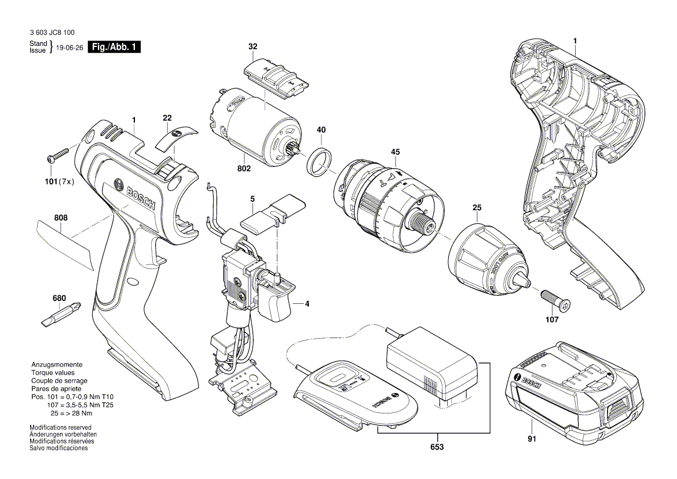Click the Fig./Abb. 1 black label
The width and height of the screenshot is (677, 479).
click(114, 48)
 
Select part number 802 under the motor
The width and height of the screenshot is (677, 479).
click(244, 169)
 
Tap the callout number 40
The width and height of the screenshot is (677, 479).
click(321, 130)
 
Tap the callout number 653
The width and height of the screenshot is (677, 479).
click(437, 448)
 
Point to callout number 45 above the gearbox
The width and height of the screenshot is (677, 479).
click(395, 152)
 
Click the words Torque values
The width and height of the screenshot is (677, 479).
click(53, 372)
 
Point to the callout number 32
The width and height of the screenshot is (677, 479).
click(253, 46)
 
